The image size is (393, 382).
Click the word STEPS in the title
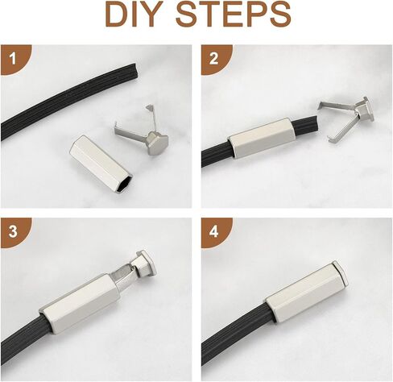coord(234,14)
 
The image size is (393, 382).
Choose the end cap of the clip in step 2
coord(365,110)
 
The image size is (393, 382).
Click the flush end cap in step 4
coord(341,272)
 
